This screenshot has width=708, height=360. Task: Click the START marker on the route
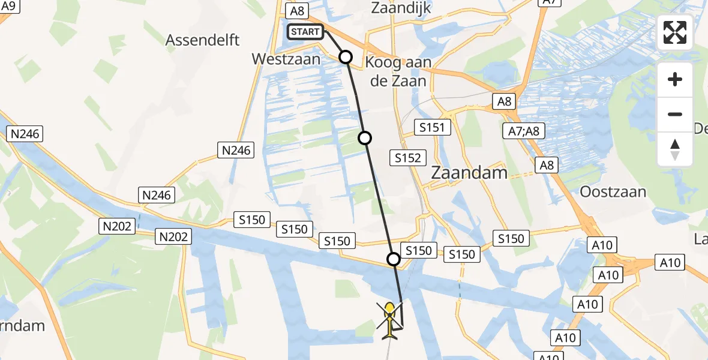[x=306, y=32]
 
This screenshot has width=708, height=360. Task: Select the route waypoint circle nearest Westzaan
[x=346, y=57]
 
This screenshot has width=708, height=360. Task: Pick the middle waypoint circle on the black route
[x=365, y=138]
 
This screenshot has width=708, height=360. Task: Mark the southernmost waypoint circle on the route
[x=394, y=259]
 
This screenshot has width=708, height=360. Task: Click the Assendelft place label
[x=203, y=40]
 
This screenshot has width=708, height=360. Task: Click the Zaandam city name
[x=469, y=173]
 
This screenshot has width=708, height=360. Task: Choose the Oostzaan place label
[x=613, y=192]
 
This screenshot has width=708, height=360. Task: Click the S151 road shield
[x=432, y=127]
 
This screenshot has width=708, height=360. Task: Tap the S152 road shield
[x=407, y=158]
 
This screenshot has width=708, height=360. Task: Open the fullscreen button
[x=675, y=32]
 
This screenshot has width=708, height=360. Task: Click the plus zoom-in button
[x=675, y=79]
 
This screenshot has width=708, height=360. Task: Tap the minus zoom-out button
[x=675, y=114]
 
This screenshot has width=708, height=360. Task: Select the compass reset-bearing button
[x=675, y=149]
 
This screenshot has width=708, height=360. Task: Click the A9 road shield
[x=10, y=6]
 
